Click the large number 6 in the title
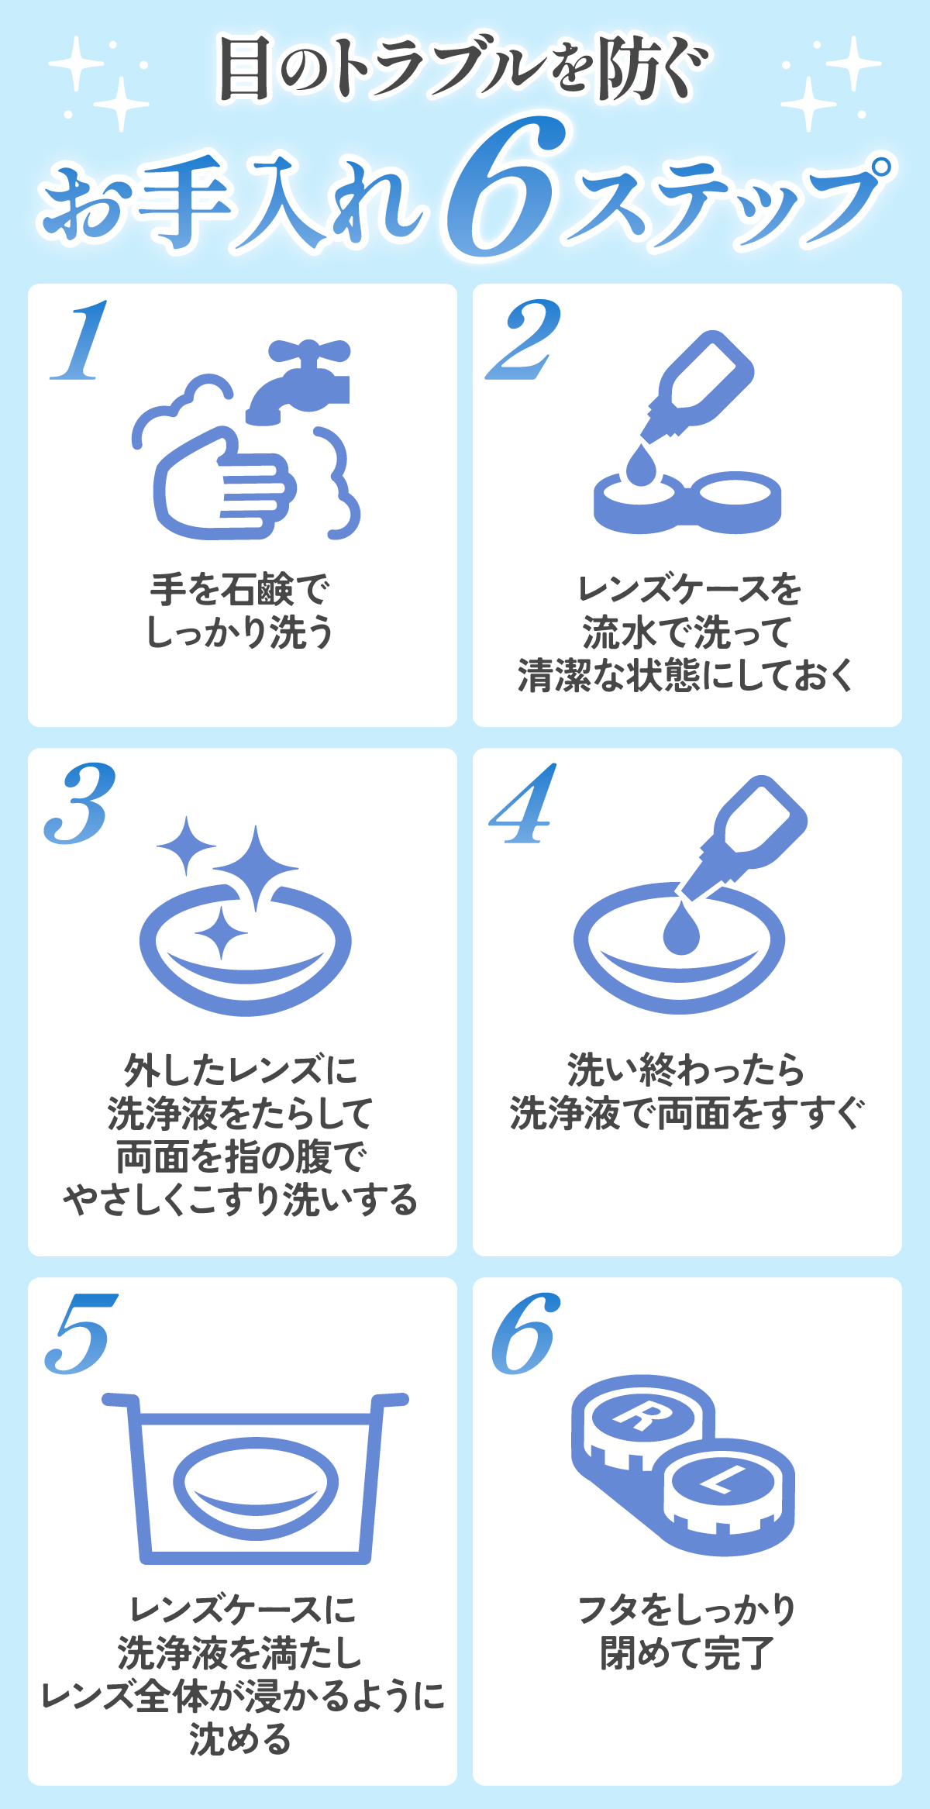tap(508, 190)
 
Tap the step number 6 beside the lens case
tap(525, 1335)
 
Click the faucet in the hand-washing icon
tap(302, 380)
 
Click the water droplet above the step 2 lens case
tap(640, 465)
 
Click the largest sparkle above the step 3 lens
tap(255, 867)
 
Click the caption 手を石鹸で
tap(240, 591)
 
